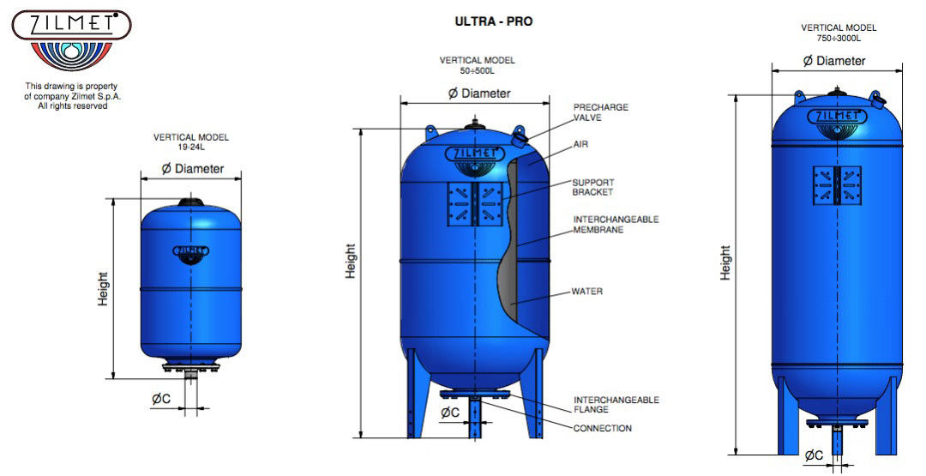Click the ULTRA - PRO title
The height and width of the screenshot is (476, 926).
[x=493, y=21]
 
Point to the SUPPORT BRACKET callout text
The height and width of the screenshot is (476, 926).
[x=592, y=187]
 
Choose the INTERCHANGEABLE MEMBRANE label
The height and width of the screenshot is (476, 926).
[x=615, y=225]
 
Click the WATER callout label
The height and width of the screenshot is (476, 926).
[x=586, y=292]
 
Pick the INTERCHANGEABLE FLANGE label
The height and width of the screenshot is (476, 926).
[x=616, y=405]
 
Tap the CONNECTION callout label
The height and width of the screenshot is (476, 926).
[x=602, y=428]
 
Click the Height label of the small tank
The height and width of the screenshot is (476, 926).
[x=103, y=289]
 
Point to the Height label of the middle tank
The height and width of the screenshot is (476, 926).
[x=351, y=261]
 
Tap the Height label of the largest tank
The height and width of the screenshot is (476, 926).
[x=725, y=262]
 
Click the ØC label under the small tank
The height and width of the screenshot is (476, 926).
[x=161, y=398]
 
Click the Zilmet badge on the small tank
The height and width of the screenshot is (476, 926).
[x=190, y=251]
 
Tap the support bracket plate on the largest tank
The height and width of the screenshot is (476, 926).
[x=836, y=185]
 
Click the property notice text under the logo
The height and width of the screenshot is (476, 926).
[x=71, y=96]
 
